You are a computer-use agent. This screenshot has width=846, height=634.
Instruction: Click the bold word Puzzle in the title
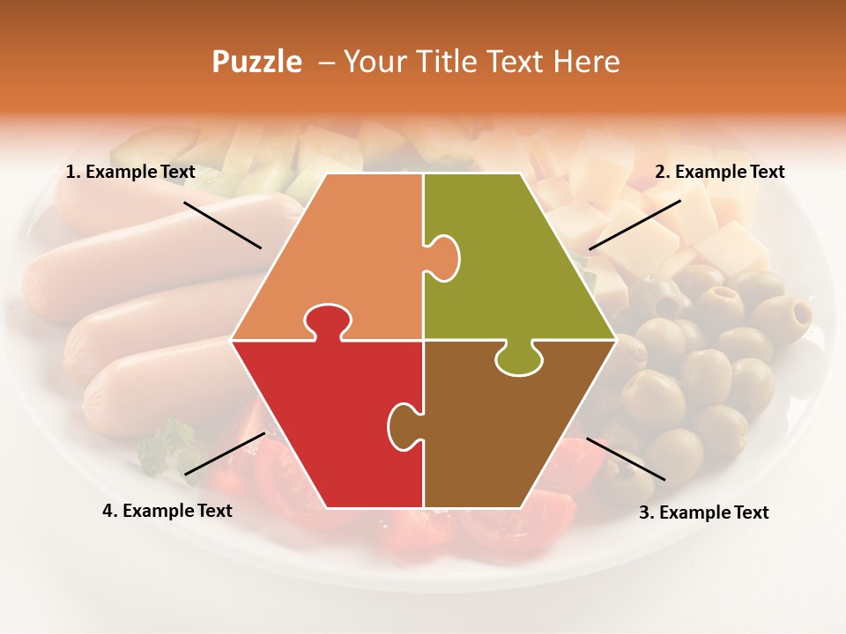(256, 62)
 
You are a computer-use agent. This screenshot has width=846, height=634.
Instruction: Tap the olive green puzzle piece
(520, 264)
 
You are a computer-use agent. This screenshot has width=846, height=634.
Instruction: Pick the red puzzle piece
(326, 414)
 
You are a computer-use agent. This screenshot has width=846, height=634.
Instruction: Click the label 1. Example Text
(130, 173)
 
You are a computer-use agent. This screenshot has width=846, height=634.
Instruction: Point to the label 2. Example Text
(719, 173)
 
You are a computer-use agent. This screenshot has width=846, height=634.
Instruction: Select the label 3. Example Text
(703, 512)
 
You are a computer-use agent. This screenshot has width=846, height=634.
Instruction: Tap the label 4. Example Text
(167, 511)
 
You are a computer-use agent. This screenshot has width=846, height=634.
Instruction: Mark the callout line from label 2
(634, 225)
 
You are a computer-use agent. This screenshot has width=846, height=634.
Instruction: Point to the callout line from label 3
(626, 459)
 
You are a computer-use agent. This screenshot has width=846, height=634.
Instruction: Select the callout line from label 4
(225, 453)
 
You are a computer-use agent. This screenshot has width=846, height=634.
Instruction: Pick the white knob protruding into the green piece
(445, 256)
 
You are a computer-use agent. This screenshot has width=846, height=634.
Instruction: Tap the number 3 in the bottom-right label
(644, 512)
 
